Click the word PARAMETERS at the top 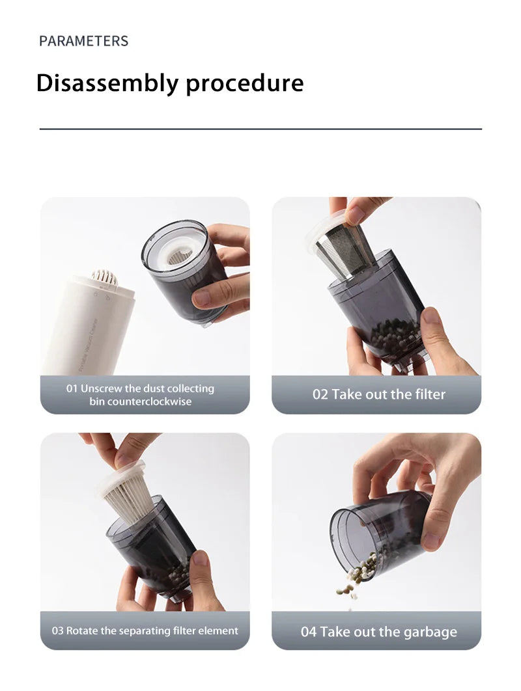pos(83,41)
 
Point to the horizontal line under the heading pos(260,129)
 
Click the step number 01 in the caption pos(72,388)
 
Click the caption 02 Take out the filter pos(378,394)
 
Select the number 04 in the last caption pos(309,632)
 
